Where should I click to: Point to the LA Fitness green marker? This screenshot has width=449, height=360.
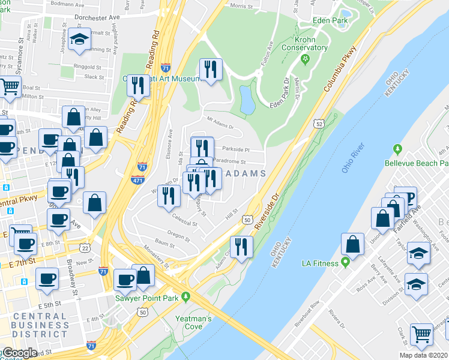coord(346,262)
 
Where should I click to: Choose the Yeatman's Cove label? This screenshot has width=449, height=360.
coord(193,323)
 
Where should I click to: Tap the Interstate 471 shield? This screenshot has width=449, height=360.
coord(137,179)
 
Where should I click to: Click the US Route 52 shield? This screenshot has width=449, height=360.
coord(318,123)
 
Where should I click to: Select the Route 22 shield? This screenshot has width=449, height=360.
coord(85,248)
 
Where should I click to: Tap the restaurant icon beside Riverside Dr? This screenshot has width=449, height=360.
coord(242,246)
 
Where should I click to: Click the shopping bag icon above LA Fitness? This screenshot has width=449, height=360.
coord(353,244)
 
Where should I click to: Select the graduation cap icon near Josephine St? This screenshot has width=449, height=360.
coord(79,40)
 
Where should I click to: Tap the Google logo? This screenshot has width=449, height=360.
coord(19,353)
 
